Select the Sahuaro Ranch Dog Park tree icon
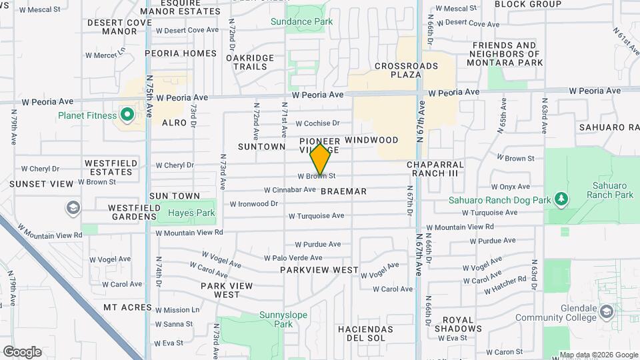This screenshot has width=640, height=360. click(561, 199)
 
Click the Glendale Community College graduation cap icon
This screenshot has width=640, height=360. click(606, 311)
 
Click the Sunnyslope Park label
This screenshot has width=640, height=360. click(276, 319)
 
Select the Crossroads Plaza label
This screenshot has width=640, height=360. click(407, 70)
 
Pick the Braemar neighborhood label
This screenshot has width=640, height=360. click(343, 191)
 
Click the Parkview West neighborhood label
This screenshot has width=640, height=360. click(329, 271)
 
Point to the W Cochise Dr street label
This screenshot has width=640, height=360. click(317, 123)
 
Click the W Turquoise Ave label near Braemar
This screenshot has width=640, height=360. click(316, 215)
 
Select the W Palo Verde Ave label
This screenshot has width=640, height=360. click(293, 258)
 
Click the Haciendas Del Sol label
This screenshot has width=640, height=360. click(365, 333)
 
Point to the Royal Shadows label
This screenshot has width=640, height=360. click(458, 324)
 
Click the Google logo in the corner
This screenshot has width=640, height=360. click(22, 352)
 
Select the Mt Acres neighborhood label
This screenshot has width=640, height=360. click(128, 307)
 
